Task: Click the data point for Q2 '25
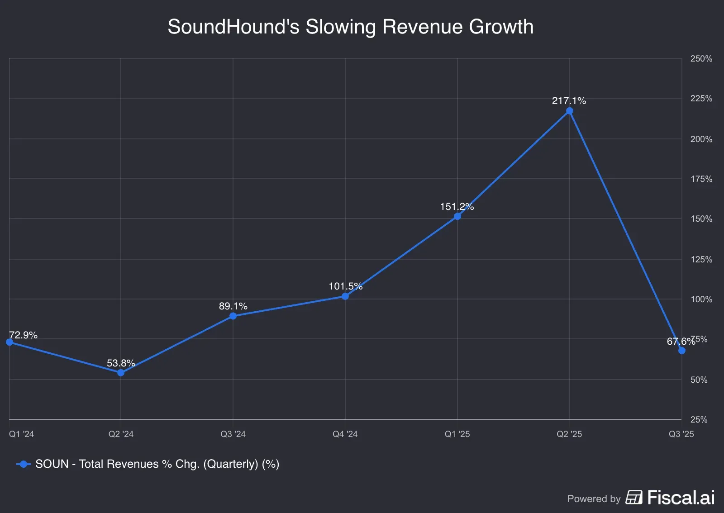(x=569, y=111)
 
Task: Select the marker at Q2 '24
(x=121, y=373)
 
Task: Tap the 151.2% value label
(x=457, y=207)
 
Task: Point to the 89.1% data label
(x=233, y=306)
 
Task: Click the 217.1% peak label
(x=569, y=101)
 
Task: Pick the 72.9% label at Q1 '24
(x=23, y=335)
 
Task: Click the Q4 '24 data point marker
(x=345, y=296)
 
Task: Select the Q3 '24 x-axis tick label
(x=233, y=434)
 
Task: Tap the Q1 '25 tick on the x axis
(x=457, y=434)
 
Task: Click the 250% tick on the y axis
(x=701, y=59)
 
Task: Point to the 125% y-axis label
(x=701, y=260)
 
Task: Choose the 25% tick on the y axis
(x=699, y=420)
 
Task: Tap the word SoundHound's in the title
(x=233, y=27)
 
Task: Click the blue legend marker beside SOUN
(x=23, y=464)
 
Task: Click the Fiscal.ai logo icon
(x=634, y=497)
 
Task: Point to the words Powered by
(x=594, y=499)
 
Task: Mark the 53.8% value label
(x=121, y=363)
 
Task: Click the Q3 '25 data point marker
(x=681, y=351)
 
